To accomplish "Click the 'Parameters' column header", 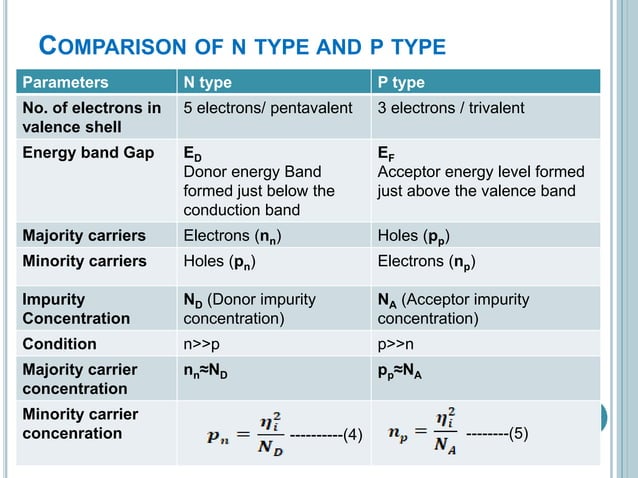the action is [66, 82].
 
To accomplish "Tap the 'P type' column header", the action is [400, 82].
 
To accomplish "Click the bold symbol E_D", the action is [190, 155].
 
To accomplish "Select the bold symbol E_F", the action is [385, 155].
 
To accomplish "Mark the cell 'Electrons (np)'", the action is [425, 262].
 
